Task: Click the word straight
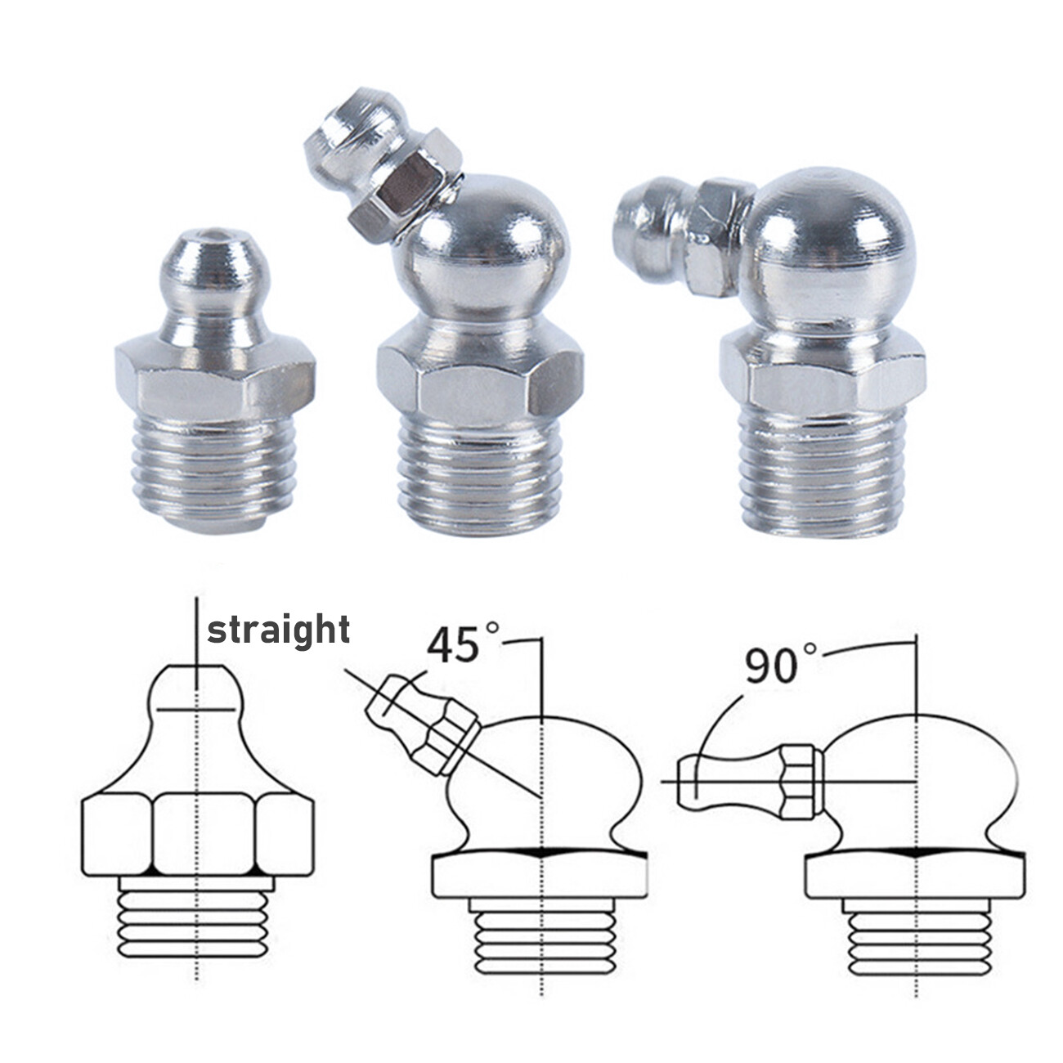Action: (279, 631)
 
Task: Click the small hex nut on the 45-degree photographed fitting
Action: (406, 187)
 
